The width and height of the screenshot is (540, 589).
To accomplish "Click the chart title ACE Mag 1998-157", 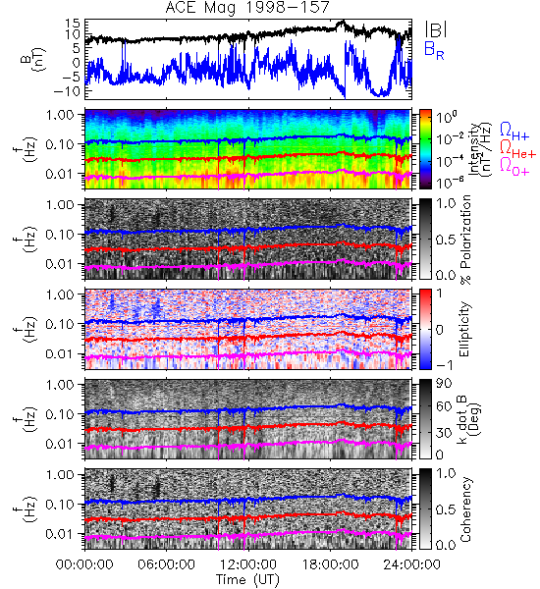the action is (247, 7).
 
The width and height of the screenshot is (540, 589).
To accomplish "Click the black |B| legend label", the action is (436, 29).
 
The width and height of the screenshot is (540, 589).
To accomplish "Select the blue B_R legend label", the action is (434, 51).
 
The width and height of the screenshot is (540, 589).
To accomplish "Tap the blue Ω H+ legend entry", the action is (514, 132).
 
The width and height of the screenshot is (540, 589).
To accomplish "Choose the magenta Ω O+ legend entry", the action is (514, 167).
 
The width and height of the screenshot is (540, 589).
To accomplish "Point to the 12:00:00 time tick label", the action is (248, 564).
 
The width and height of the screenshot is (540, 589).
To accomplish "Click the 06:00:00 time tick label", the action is (166, 564).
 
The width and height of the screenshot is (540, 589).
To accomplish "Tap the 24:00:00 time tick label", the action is (411, 564).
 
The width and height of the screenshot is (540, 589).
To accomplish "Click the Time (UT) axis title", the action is (247, 580).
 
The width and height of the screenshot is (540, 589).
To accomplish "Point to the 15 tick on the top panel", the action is (73, 24).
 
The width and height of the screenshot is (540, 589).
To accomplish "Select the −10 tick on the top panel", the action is (68, 91).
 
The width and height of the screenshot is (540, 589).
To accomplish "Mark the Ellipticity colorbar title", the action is (464, 330).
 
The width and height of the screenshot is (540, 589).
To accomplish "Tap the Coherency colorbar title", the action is (465, 509).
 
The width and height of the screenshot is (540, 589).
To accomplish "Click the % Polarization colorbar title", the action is (465, 240).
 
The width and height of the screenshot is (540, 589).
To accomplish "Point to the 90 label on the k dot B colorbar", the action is (444, 384).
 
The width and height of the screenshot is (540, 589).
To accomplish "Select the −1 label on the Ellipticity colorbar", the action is (444, 365).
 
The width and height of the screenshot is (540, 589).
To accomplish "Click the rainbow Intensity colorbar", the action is (425, 149).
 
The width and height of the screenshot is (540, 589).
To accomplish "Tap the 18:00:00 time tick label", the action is (330, 564).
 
